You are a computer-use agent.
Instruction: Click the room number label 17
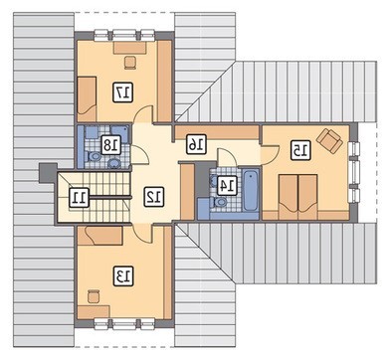[x=123, y=91]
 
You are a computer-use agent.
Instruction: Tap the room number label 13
[x=123, y=275]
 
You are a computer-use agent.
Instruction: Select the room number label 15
[x=300, y=150]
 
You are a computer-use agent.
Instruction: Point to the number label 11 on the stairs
[x=80, y=197]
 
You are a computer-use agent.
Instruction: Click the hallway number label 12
[x=154, y=197]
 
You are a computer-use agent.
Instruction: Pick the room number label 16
[x=196, y=144]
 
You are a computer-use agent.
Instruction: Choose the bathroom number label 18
[x=110, y=145]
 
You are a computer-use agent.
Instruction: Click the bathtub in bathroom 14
[x=251, y=190]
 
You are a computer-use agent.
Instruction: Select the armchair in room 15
[x=329, y=140]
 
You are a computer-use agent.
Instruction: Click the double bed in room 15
[x=298, y=197]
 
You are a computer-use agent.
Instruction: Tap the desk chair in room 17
[x=130, y=63]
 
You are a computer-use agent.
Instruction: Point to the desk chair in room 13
[x=94, y=296]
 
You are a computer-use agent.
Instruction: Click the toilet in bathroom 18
[x=94, y=156]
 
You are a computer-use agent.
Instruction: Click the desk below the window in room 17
[x=130, y=48]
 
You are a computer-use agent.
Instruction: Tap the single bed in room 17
[x=87, y=98]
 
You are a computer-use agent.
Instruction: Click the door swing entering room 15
[x=269, y=155]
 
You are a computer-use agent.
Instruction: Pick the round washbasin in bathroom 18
[x=114, y=163]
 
